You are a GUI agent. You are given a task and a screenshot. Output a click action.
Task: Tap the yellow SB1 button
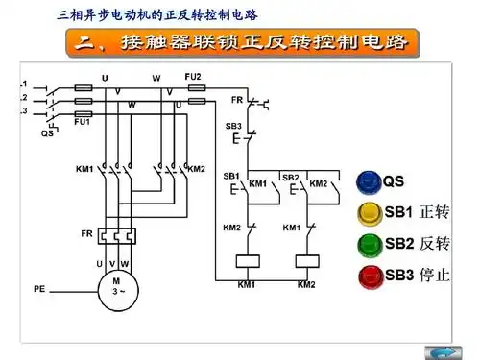click(x=369, y=212)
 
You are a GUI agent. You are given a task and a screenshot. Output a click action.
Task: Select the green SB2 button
click(x=369, y=244)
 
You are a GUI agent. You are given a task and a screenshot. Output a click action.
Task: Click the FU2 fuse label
click(x=193, y=75)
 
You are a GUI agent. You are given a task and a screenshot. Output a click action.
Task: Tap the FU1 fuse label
click(x=83, y=122)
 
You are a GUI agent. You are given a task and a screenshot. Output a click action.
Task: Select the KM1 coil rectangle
click(x=247, y=260)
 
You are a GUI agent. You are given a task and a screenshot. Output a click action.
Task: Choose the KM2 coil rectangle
click(x=306, y=260)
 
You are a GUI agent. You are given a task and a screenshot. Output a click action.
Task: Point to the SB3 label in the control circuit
click(x=233, y=126)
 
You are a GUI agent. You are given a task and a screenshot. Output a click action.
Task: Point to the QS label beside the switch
click(x=46, y=133)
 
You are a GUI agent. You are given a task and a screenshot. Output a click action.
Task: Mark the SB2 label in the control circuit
click(x=291, y=176)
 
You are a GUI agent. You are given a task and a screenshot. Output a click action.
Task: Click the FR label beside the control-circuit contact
click(x=237, y=99)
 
